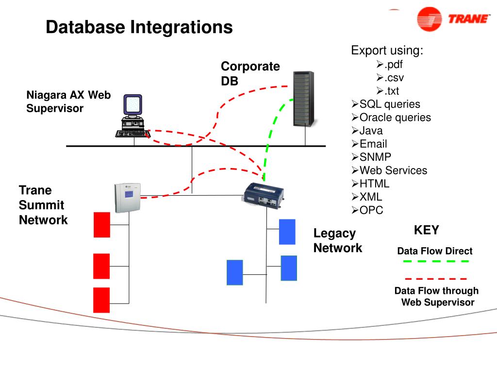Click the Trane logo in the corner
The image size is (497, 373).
coord(453,19)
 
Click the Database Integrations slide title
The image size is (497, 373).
coord(139,27)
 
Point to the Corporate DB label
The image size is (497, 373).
coord(250,73)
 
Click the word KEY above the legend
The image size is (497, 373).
coord(427,230)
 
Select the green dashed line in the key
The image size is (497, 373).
coord(436,261)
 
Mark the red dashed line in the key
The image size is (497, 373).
coord(436,279)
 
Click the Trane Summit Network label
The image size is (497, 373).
coord(43,205)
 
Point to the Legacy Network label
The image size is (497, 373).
coord(337,241)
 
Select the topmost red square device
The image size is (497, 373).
coord(102,225)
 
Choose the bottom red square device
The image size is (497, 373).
coord(102,300)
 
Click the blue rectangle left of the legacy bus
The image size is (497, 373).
coord(234,272)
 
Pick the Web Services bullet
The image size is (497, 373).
coord(393,170)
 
